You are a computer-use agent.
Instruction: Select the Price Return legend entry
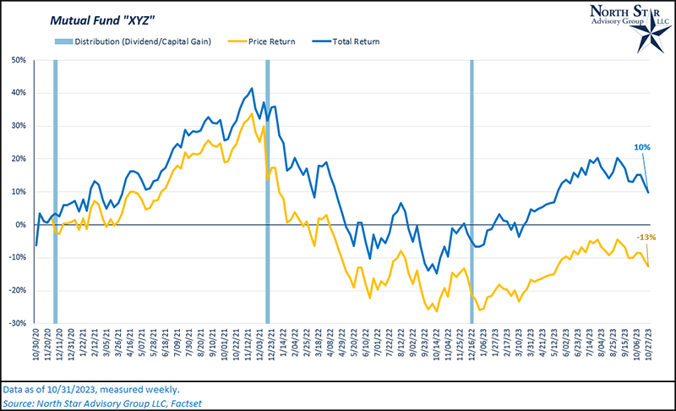tap(268, 41)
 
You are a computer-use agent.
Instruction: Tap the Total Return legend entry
tap(350, 41)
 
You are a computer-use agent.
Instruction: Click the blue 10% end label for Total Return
tap(642, 147)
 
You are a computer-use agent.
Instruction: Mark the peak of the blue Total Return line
tap(252, 88)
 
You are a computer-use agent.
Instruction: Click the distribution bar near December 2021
tap(268, 191)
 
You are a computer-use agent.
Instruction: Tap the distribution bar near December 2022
tap(471, 191)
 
